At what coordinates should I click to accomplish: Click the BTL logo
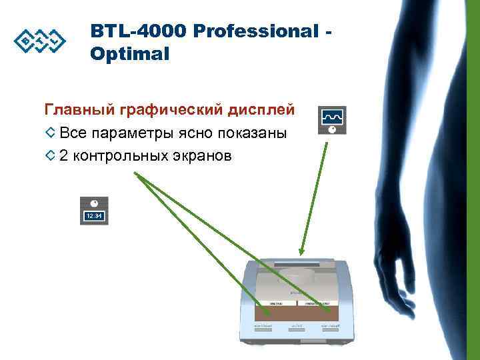[40, 41]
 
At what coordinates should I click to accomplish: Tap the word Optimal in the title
[130, 54]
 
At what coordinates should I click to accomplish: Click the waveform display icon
[333, 121]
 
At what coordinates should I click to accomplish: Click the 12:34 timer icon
[94, 211]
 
